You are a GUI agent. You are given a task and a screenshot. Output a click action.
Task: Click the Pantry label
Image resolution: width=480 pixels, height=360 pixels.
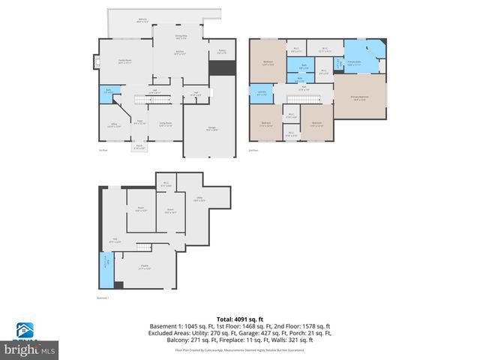coord(221,52)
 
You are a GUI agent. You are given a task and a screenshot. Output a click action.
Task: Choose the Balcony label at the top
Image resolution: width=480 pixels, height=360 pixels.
coord(142,20)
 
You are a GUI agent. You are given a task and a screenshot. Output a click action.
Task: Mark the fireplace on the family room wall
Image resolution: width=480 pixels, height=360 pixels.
coord(95,63)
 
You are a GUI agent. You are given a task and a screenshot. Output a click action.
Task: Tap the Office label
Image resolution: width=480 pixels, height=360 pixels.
coord(113,125)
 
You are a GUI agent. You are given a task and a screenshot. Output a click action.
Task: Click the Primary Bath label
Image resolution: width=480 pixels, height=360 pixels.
coord(355,64)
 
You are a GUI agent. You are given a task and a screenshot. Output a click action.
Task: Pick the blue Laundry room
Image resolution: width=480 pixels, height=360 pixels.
coord(261,94)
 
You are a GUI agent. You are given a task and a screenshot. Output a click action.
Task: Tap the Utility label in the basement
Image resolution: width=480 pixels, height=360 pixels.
coord(199,200)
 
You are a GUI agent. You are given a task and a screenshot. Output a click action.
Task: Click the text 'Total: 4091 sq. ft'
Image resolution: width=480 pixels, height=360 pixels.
coord(239,317)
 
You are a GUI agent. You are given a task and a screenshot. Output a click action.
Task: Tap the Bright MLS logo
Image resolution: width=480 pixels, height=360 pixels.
coord(30,346)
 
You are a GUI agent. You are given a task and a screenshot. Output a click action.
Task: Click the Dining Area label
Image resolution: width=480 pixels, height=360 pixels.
coord(181,36)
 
